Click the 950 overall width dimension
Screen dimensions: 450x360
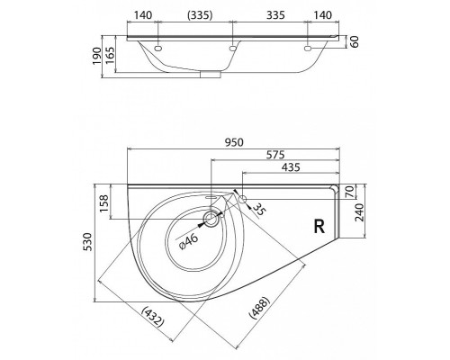tap(234, 142)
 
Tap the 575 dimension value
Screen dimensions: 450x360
tap(275, 155)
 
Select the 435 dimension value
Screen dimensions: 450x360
tap(291, 167)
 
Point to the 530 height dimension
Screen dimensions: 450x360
tap(88, 242)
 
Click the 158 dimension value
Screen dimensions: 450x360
tap(104, 203)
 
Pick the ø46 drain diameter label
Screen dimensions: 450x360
tap(188, 241)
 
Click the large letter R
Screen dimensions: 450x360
tap(319, 227)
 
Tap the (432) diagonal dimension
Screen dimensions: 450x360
tap(153, 317)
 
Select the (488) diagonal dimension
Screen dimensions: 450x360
tap(260, 308)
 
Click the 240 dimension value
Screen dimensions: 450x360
tap(359, 212)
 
